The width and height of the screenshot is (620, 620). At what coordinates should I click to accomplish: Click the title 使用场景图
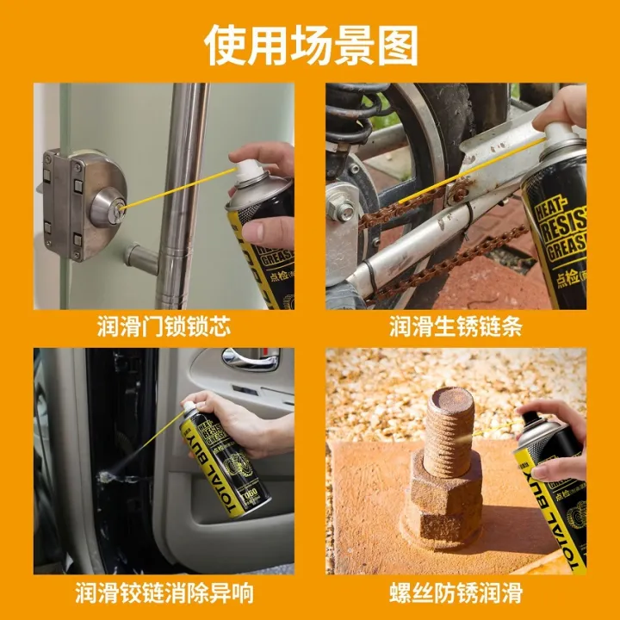(x=310, y=45)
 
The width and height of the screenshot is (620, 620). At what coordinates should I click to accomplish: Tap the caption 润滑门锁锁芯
(x=164, y=326)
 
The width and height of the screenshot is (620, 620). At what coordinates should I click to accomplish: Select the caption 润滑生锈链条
(x=456, y=326)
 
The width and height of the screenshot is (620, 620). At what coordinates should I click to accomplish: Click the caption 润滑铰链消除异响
(x=164, y=592)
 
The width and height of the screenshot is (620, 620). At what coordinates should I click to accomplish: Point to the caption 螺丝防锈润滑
(x=456, y=592)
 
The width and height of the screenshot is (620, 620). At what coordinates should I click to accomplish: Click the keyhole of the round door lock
(x=121, y=207)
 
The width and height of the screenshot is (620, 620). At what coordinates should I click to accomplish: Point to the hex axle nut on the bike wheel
(x=344, y=212)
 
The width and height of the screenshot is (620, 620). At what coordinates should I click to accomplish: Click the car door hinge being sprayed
(x=108, y=473)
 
